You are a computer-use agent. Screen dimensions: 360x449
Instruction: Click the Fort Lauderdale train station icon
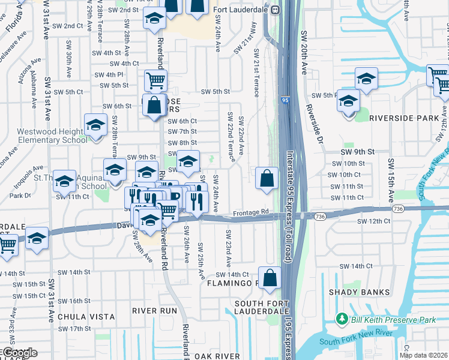coord(276,9)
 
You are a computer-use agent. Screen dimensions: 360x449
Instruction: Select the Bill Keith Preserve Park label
coord(394,320)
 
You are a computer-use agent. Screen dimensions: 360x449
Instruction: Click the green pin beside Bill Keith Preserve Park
coord(342,317)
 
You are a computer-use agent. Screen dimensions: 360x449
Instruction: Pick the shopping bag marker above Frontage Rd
coord(267,178)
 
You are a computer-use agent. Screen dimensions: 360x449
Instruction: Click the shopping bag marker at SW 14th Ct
coord(271,278)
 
